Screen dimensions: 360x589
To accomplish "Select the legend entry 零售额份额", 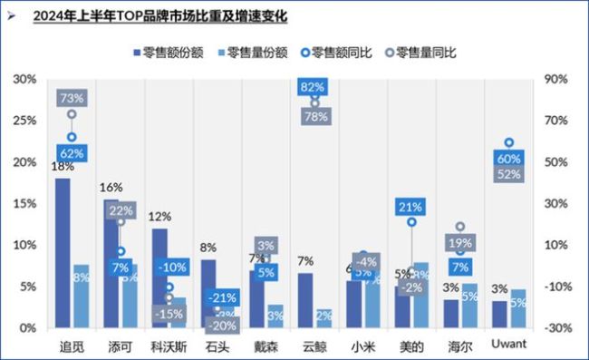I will coord(173,53).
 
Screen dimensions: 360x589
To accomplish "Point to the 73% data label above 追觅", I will coord(72,97).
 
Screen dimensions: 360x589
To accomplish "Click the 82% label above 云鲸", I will coord(313,86).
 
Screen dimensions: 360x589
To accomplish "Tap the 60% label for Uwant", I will coord(508,159).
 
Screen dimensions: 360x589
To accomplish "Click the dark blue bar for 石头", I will coord(208,293).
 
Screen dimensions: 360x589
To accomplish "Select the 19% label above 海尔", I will coord(459,243).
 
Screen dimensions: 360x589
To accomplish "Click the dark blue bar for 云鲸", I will coord(305,299).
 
